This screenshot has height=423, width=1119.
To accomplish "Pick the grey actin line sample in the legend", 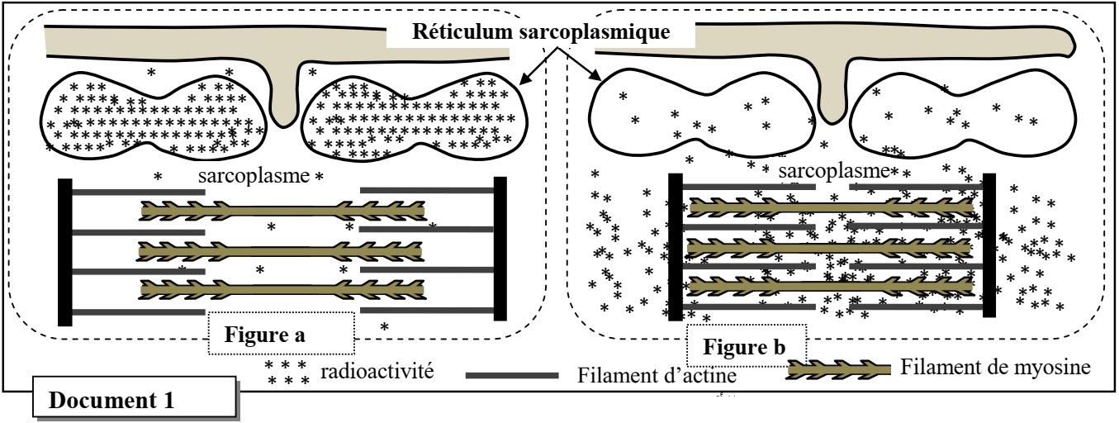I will [x=511, y=375].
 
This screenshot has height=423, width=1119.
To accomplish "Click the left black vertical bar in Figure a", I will [x=64, y=251].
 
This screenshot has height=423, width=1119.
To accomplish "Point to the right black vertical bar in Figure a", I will [x=500, y=249].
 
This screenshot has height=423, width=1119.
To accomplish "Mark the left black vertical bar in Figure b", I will [x=675, y=245].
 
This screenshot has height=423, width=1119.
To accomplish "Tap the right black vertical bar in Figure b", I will [x=989, y=245].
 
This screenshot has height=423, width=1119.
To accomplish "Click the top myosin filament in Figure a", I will [x=282, y=211].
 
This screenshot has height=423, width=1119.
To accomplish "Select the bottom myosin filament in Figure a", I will [x=282, y=289].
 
